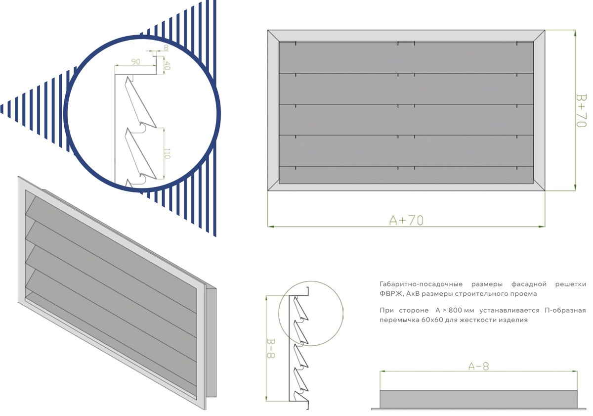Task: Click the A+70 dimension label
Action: tap(406, 221)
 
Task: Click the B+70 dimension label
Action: tap(581, 110)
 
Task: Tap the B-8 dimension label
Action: tap(271, 348)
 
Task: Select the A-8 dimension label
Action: tap(479, 367)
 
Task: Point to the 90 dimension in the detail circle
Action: tap(135, 62)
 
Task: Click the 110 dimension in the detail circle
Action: tap(167, 154)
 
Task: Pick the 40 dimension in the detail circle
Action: tap(167, 65)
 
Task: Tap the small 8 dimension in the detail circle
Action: tap(166, 47)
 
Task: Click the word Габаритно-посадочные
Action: tap(421, 284)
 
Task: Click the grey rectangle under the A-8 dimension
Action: tap(479, 399)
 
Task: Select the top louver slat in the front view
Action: tap(406, 57)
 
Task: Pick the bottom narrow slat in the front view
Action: tap(406, 175)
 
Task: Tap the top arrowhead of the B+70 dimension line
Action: tap(575, 33)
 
